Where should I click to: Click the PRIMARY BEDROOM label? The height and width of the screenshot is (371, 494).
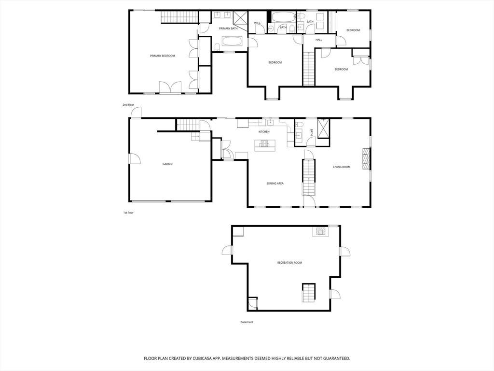pos(162,56)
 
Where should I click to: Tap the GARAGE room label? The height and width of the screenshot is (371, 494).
pos(167,164)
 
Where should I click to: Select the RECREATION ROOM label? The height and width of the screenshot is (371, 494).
pos(289,262)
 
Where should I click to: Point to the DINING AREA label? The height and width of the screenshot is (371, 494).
pos(275,183)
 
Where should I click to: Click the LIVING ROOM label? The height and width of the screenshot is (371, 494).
pos(342,167)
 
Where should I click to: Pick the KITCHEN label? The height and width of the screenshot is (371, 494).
pos(264,131)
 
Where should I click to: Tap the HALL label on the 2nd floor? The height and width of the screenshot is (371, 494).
pos(319,40)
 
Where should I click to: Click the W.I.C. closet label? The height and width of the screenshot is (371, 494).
pos(258,23)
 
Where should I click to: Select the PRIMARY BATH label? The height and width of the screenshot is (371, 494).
pos(228,29)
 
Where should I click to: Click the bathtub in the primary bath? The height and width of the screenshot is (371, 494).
pos(232,42)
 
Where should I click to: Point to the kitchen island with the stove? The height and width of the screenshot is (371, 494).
pos(265,145)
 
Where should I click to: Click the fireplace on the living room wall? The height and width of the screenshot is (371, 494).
pos(366,159)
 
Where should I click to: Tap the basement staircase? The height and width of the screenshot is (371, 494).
pos(309,293)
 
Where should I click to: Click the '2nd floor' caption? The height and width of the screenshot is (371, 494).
pos(128,105)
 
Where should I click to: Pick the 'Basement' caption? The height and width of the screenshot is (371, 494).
pos(247,322)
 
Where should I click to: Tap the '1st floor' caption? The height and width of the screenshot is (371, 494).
pos(128,213)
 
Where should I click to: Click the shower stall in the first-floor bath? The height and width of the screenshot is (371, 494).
pos(324,128)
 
